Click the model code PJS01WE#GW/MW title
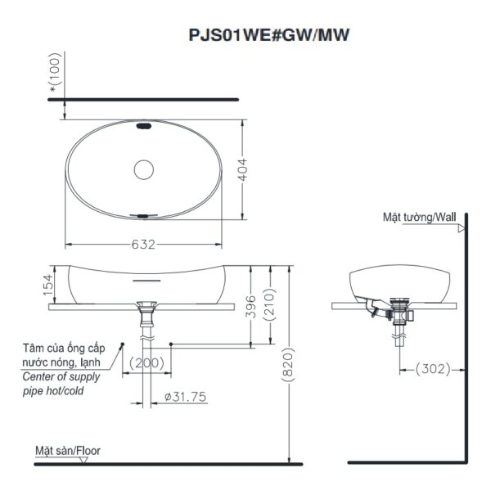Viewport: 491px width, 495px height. [x=269, y=35]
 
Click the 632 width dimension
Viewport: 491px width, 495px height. [x=144, y=245]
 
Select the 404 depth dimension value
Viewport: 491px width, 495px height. [x=255, y=169]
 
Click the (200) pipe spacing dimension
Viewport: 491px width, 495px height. [x=146, y=362]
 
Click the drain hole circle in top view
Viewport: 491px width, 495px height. [x=144, y=170]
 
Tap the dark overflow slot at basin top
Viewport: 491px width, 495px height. [x=145, y=127]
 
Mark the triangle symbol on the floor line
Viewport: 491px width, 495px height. [x=84, y=460]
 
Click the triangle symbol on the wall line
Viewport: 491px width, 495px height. [x=462, y=230]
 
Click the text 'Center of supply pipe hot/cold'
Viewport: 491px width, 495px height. [x=61, y=384]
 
